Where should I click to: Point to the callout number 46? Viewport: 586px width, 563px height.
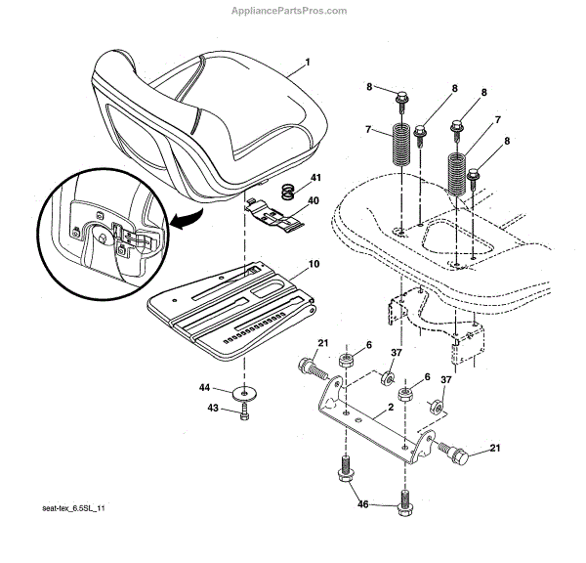click(x=362, y=504)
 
